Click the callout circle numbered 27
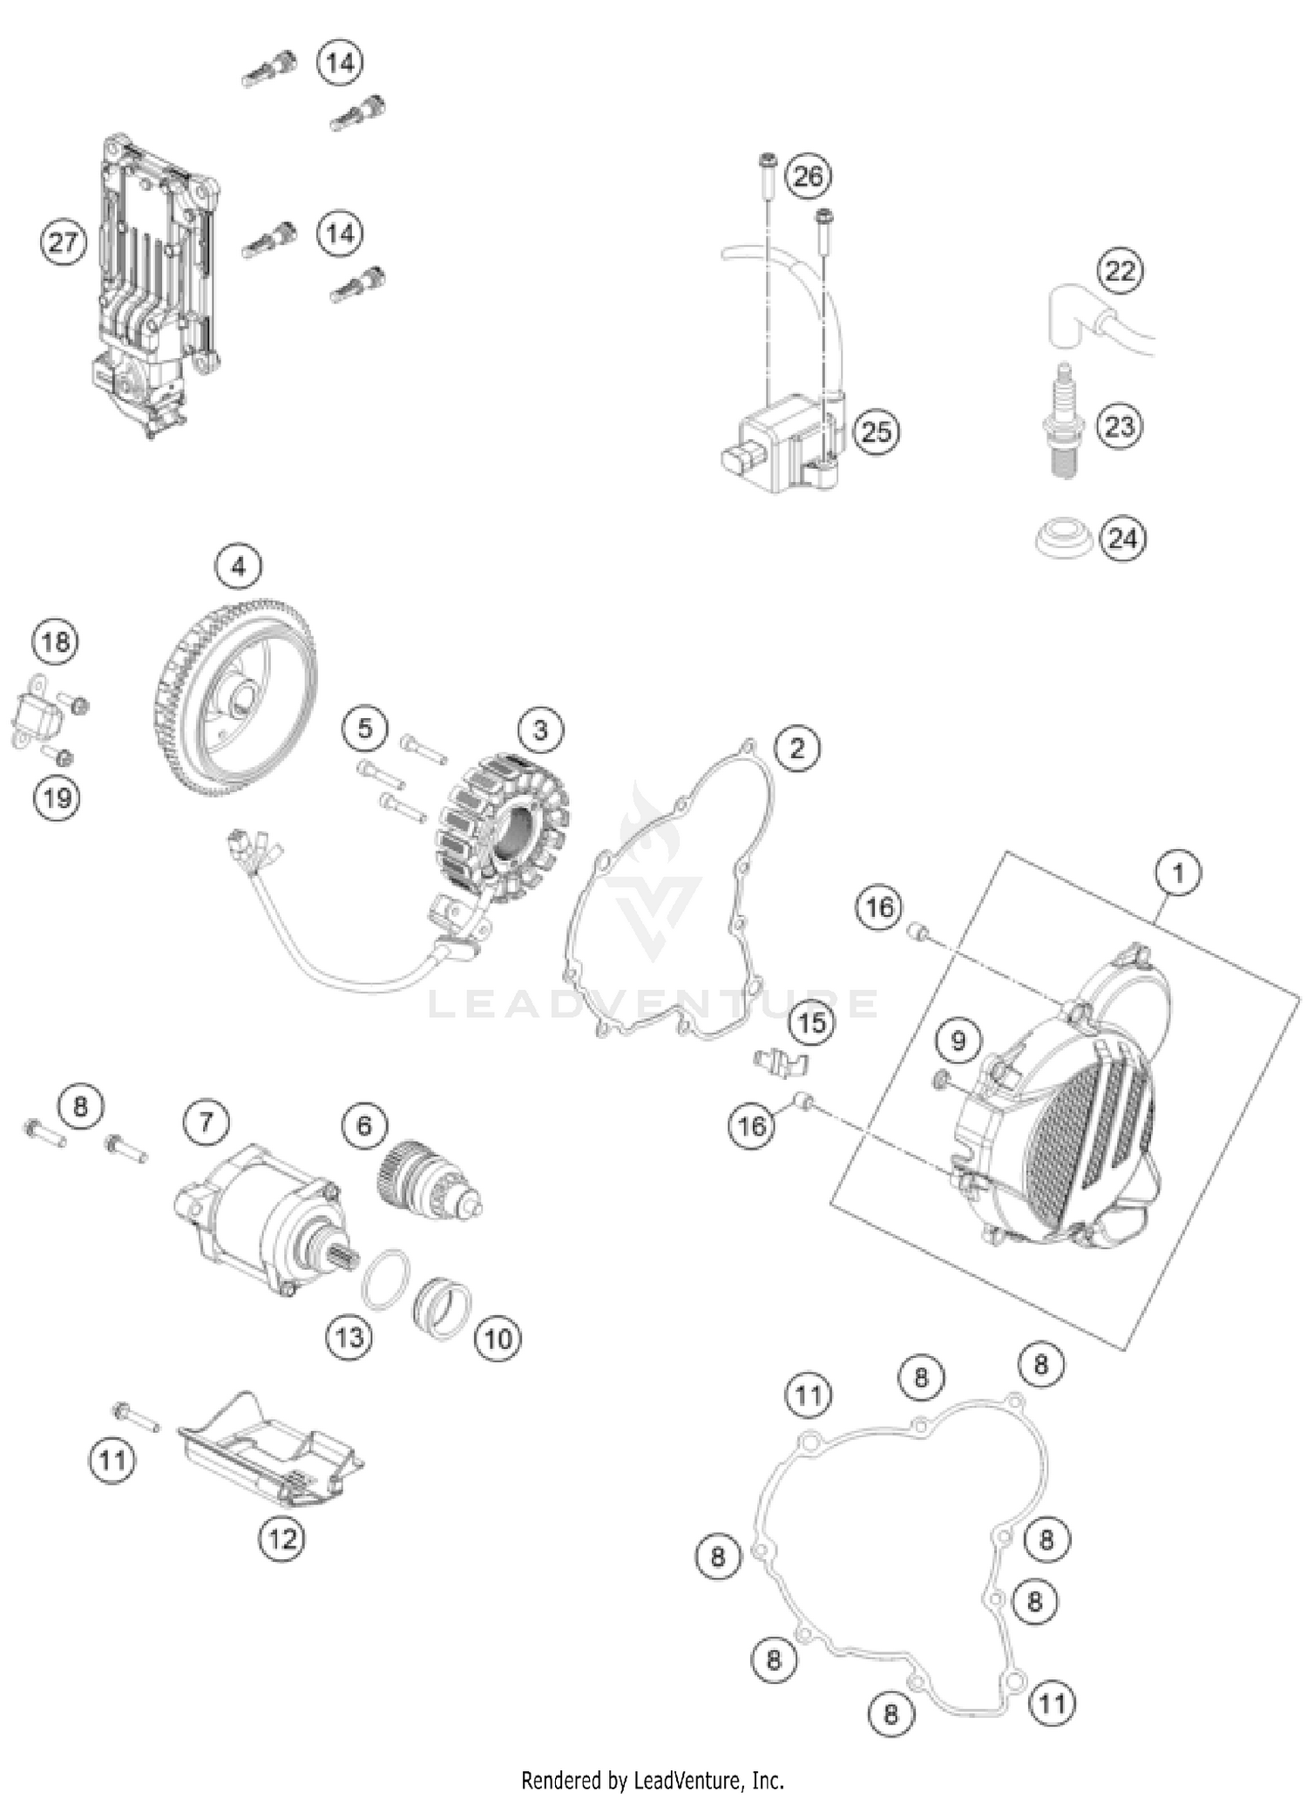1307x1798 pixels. [64, 241]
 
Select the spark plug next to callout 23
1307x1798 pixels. [1064, 424]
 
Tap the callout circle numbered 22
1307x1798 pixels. [1120, 271]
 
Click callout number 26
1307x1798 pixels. [808, 176]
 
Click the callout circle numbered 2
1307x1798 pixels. [797, 748]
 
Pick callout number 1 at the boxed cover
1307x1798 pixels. [1178, 872]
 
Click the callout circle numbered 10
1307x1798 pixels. [498, 1337]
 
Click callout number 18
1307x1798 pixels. [56, 643]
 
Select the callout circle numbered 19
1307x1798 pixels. [57, 797]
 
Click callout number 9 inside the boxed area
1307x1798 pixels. [958, 1041]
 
